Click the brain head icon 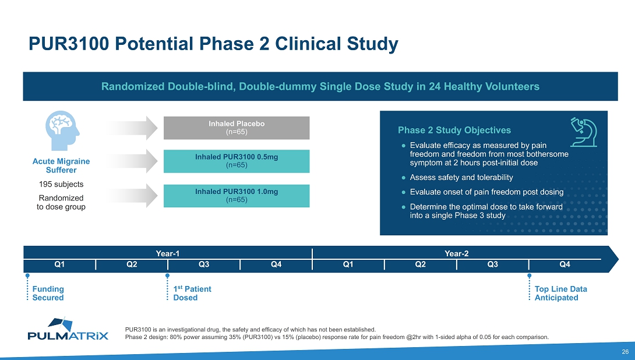(60, 132)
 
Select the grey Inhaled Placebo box (237, 128)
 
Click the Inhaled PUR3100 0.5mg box (237, 161)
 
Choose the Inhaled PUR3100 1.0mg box (237, 196)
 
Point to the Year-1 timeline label (168, 253)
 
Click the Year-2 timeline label (457, 253)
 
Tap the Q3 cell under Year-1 (204, 265)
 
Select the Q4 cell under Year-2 (564, 265)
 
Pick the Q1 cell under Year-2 (348, 265)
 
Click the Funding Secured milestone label (48, 293)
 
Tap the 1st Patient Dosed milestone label (192, 293)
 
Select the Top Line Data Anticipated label (560, 293)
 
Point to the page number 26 (625, 351)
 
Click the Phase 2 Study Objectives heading (454, 130)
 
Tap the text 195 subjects (61, 184)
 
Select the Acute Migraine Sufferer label (61, 165)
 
